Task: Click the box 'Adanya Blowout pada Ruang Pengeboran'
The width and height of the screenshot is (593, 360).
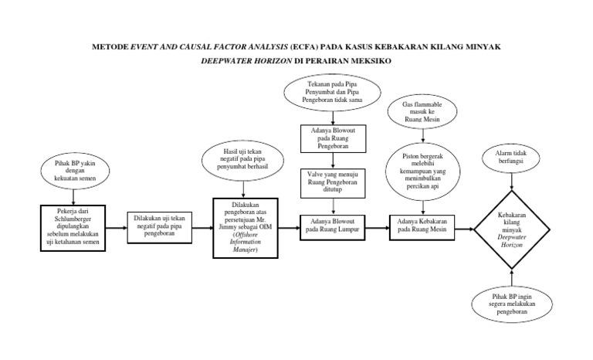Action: tap(333, 141)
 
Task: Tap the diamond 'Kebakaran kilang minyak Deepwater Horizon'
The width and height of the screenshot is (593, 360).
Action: tap(509, 227)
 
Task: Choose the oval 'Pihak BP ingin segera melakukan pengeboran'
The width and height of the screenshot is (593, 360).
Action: tap(509, 306)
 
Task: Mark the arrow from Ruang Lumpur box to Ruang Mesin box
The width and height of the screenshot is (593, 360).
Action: tap(378, 227)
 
